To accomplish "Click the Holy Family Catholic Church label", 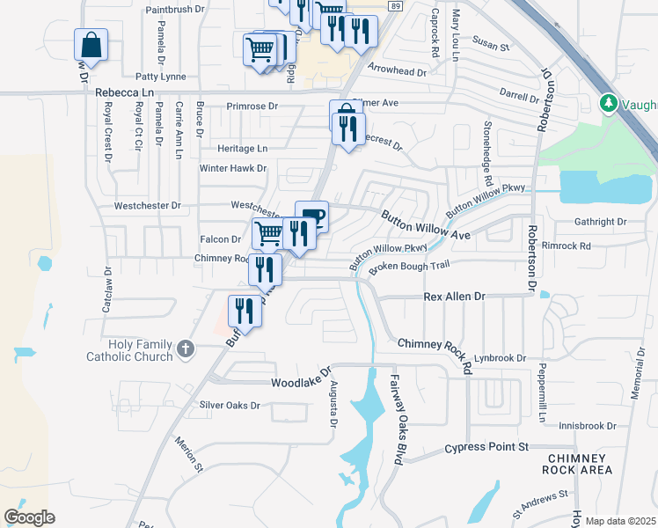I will point(133,350).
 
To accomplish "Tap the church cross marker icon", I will point(185,349).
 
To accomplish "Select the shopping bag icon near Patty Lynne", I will point(91,44).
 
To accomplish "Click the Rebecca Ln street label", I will point(124,92).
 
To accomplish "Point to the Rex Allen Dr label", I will point(454,297).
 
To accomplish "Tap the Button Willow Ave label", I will point(425,224).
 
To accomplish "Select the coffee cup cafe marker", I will point(311,216).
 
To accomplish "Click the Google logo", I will point(29,517).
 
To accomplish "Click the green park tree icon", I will point(607,104).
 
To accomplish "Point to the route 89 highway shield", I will point(396,5).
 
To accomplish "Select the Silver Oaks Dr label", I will point(230,406).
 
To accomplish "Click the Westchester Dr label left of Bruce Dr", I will point(147,206).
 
